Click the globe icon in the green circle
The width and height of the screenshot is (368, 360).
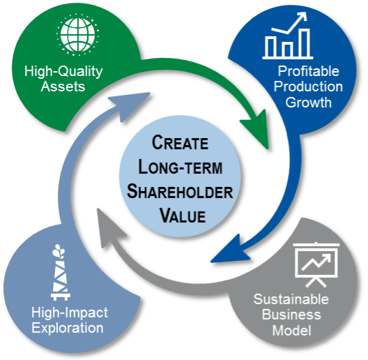click(x=77, y=35)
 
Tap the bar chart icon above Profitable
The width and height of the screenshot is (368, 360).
click(x=287, y=36)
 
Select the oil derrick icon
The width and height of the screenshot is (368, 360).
click(x=60, y=272)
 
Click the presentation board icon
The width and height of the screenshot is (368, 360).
click(x=316, y=265)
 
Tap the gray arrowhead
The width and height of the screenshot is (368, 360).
click(x=109, y=227)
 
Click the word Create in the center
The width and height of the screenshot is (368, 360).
click(x=180, y=142)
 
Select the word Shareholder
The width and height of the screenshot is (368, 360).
click(x=180, y=191)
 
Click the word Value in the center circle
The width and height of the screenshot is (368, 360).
click(x=183, y=216)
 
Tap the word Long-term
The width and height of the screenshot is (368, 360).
click(x=181, y=167)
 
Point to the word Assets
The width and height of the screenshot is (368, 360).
click(x=63, y=87)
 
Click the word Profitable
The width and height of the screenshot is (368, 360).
click(x=308, y=70)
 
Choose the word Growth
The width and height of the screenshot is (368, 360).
click(x=308, y=103)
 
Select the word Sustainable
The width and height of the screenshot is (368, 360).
click(x=291, y=299)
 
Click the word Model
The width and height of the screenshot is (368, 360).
click(x=291, y=331)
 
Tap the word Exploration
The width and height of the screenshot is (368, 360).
click(x=68, y=328)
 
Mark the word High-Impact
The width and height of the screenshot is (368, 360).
click(x=70, y=313)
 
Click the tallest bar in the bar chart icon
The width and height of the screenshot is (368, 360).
click(x=305, y=43)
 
